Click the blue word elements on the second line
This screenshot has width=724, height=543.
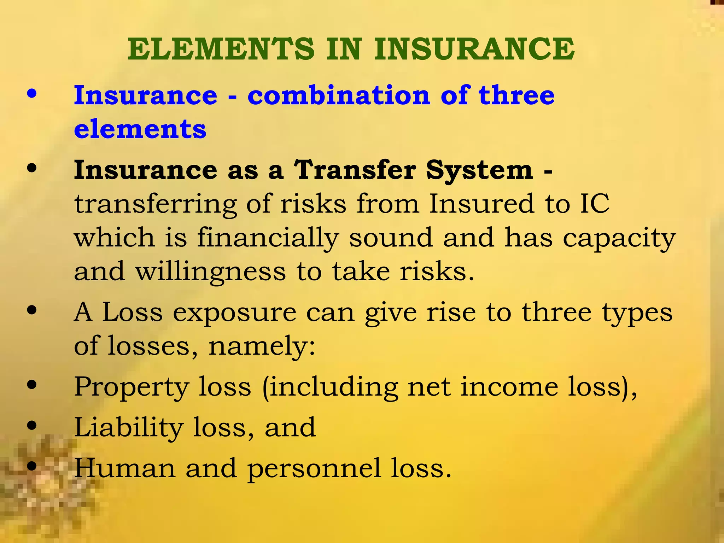tap(140, 129)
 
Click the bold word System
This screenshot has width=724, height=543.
tap(479, 170)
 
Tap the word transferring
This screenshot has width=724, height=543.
tap(156, 204)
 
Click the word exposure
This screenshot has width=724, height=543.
tap(234, 313)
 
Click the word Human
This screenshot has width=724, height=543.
tap(125, 468)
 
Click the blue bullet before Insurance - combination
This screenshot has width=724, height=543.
tap(32, 94)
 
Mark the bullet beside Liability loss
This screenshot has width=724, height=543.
tap(32, 426)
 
